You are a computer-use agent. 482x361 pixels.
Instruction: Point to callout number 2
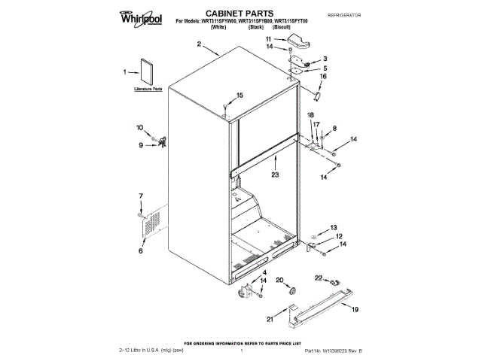[x=200, y=45]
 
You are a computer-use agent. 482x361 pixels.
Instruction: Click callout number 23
[x=275, y=174]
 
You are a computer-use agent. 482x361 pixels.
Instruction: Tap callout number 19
[x=355, y=309]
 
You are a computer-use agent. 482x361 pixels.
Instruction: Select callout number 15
[x=240, y=95]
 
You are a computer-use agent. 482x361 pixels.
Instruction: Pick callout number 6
[x=139, y=251]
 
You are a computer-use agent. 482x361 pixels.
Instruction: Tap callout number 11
[x=289, y=38]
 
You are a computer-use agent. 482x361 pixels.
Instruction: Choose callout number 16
[x=325, y=76]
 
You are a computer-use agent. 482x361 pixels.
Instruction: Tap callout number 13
[x=334, y=226]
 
